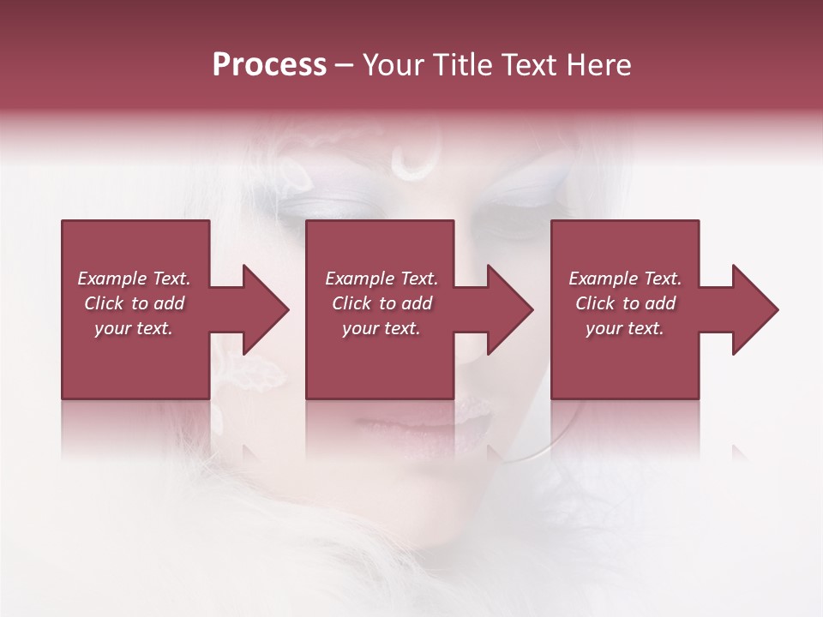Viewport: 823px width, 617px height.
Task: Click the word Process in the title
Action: pos(269,65)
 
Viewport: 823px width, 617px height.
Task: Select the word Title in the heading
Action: pos(460,65)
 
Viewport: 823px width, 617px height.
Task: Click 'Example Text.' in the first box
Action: pos(134,279)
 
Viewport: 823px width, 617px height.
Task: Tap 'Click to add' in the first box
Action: pos(134,303)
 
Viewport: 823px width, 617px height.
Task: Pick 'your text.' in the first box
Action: pos(134,328)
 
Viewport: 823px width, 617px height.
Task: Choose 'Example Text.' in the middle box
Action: pos(381,279)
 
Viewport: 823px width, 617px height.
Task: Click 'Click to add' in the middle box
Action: pos(381,303)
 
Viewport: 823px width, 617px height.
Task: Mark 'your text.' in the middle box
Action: pos(381,328)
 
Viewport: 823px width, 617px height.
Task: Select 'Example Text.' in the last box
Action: pos(625,279)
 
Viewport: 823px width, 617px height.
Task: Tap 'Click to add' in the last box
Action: pos(625,303)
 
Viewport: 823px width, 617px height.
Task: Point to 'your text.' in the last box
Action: pos(625,328)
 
